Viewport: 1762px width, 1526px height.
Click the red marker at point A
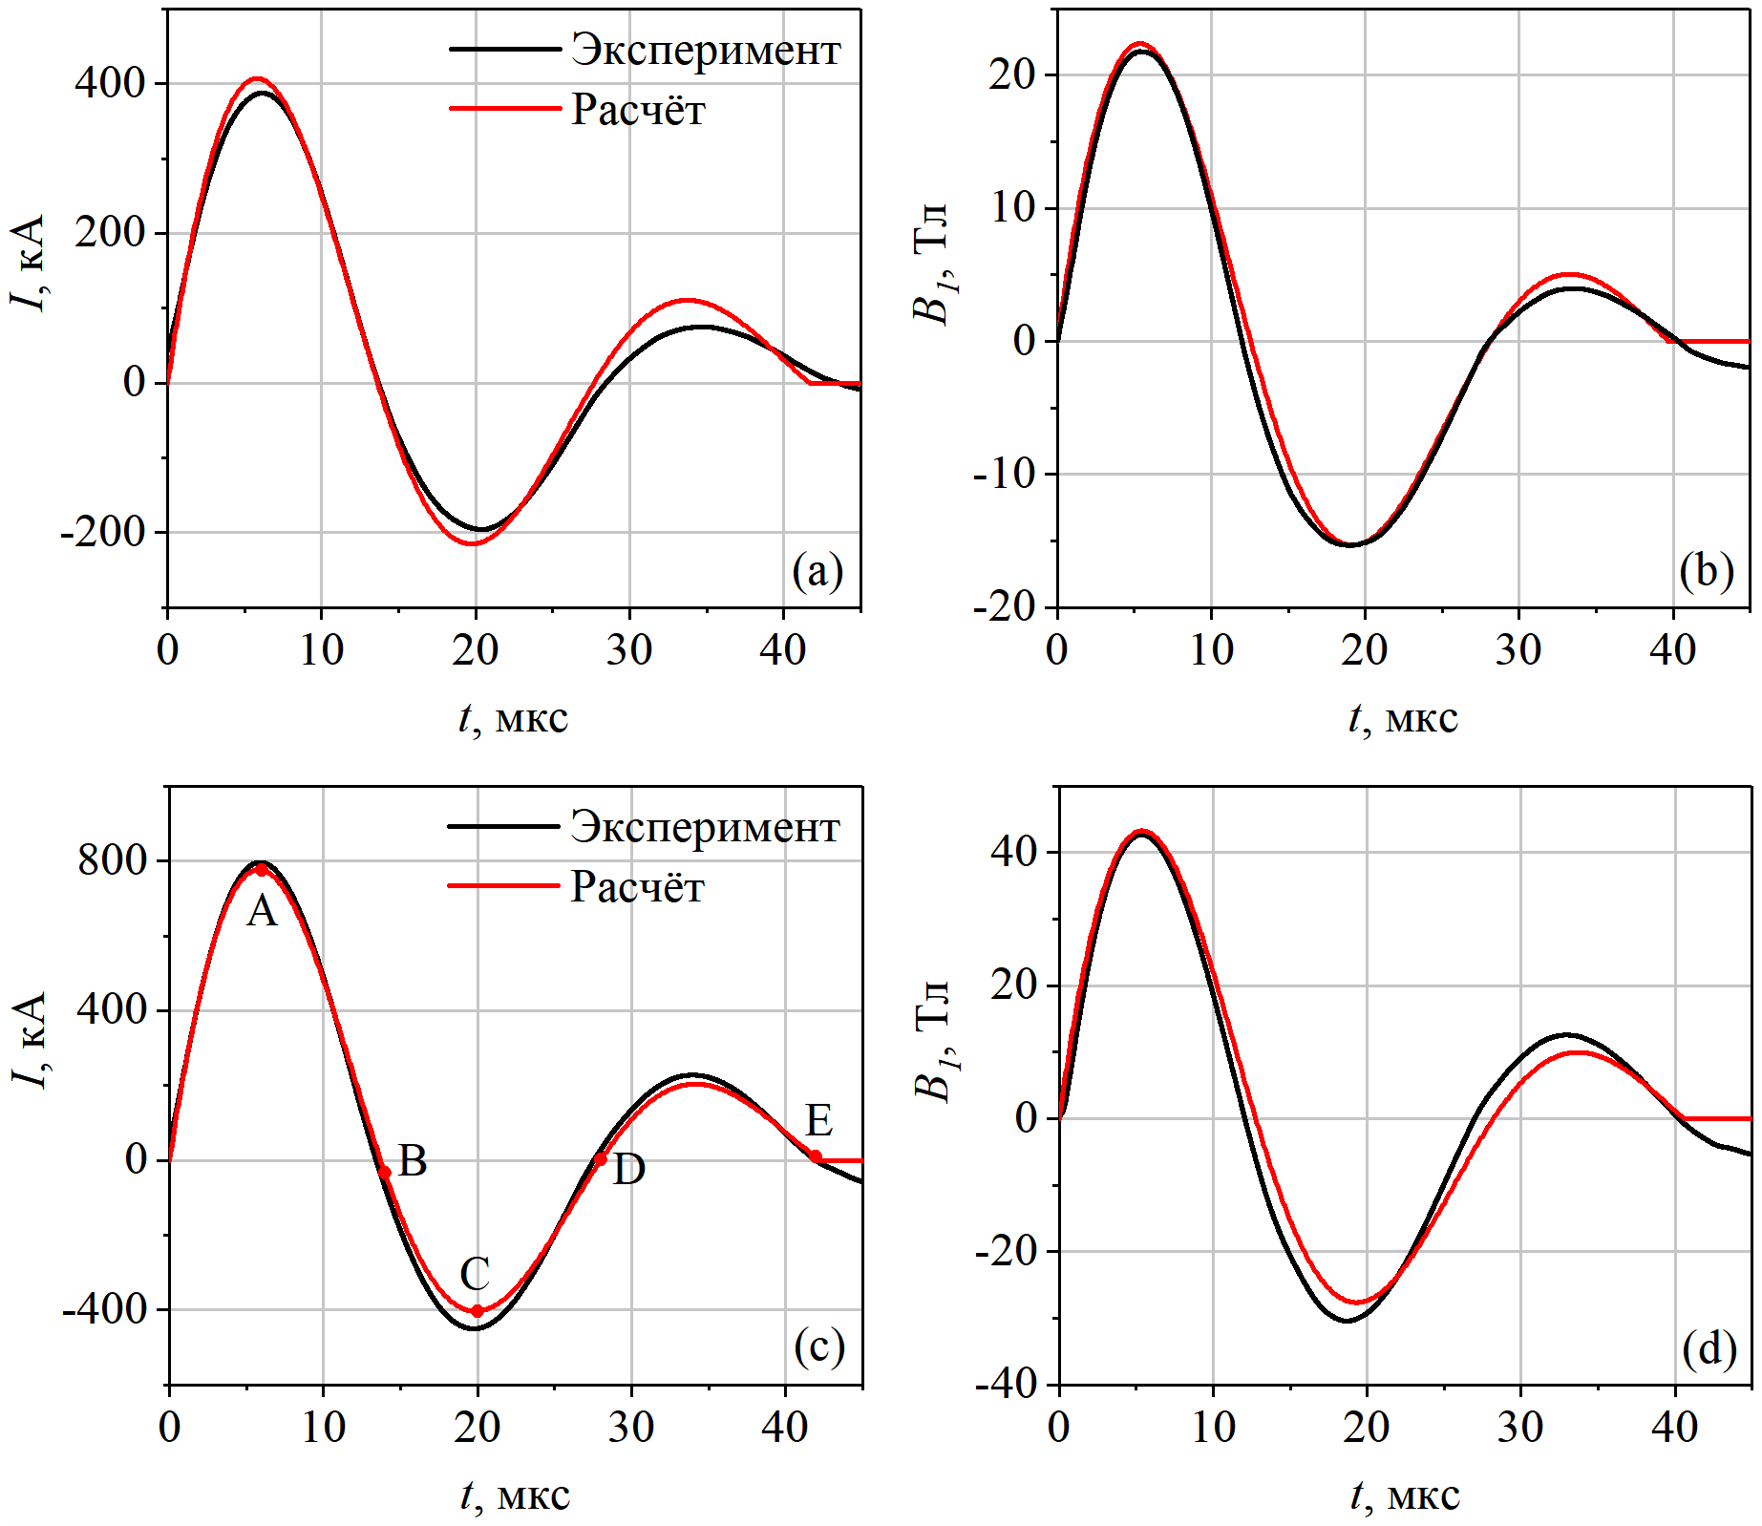coord(262,870)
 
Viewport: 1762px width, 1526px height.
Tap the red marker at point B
coord(385,1172)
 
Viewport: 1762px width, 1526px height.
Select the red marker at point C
coord(478,1311)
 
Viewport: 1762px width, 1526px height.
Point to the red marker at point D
coord(601,1159)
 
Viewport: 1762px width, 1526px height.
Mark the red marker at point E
coord(816,1156)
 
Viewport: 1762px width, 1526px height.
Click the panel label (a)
coord(817,571)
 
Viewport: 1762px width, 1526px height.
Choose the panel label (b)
coord(1707,571)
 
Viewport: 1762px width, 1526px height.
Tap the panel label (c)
coord(818,1346)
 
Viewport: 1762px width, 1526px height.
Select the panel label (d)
coord(1709,1348)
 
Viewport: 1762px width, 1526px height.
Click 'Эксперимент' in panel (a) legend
coord(705,50)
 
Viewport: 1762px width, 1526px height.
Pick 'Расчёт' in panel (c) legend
coord(637,887)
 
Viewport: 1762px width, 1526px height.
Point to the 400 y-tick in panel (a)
coord(109,84)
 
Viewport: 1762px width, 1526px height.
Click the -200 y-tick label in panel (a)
coord(101,532)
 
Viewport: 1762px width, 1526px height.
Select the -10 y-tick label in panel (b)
coord(1003,474)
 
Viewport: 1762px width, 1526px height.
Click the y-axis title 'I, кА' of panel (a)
coord(29,263)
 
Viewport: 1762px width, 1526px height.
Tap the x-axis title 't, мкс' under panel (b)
coord(1402,718)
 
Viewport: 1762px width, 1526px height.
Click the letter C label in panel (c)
coord(475,1273)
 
